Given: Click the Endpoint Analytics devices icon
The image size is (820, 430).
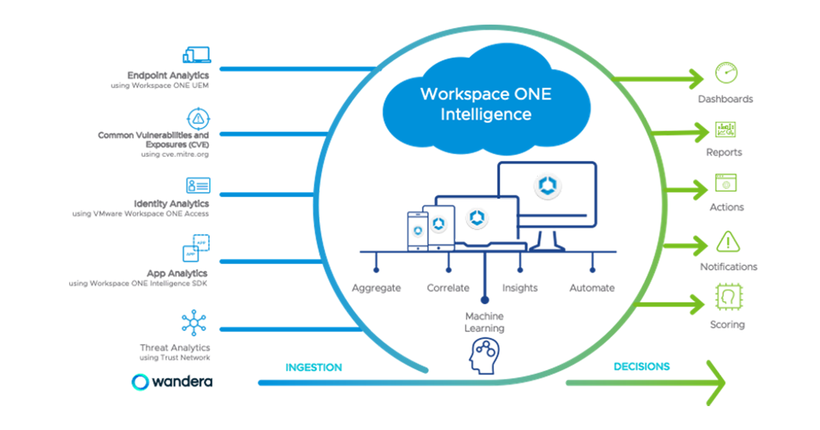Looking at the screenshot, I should (197, 55).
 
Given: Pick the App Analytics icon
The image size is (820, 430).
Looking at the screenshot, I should (197, 247).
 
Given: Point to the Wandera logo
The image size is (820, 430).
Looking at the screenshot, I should (172, 381).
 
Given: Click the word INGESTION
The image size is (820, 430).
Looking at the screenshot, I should (314, 368).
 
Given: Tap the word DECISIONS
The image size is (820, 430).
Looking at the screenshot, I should (642, 367).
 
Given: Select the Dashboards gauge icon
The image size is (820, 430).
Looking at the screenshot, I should (726, 72).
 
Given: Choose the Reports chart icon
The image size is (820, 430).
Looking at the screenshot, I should (725, 130).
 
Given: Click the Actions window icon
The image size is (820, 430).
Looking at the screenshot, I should (725, 183).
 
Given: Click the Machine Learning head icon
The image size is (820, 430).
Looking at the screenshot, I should (484, 357).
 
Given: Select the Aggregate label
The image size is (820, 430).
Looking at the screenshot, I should (377, 288).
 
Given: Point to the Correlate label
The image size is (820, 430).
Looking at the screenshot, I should (448, 288).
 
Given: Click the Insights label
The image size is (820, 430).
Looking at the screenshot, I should (520, 288).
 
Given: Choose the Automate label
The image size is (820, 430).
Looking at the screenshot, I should (592, 288).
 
